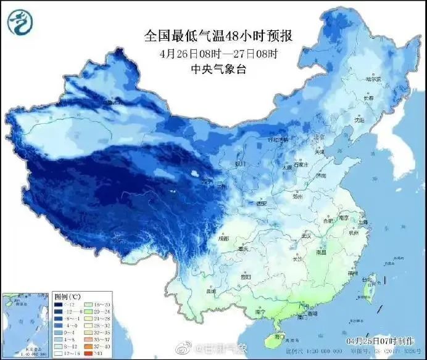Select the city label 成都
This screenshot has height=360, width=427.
[223, 238]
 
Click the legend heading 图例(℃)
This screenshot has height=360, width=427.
[64, 297]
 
